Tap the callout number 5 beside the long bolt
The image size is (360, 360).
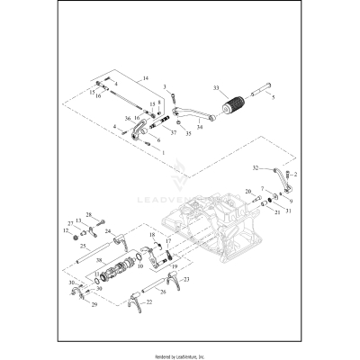coord(274,95)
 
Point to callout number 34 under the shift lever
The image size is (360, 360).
coord(200,127)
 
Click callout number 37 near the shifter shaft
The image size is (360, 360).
coord(173,132)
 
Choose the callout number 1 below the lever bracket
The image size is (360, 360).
coord(163,152)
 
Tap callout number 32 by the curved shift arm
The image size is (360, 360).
coord(256,168)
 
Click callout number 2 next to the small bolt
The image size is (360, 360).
coord(295,173)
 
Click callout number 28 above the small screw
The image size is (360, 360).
coord(114,214)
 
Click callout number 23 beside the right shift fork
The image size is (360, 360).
coord(186,281)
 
